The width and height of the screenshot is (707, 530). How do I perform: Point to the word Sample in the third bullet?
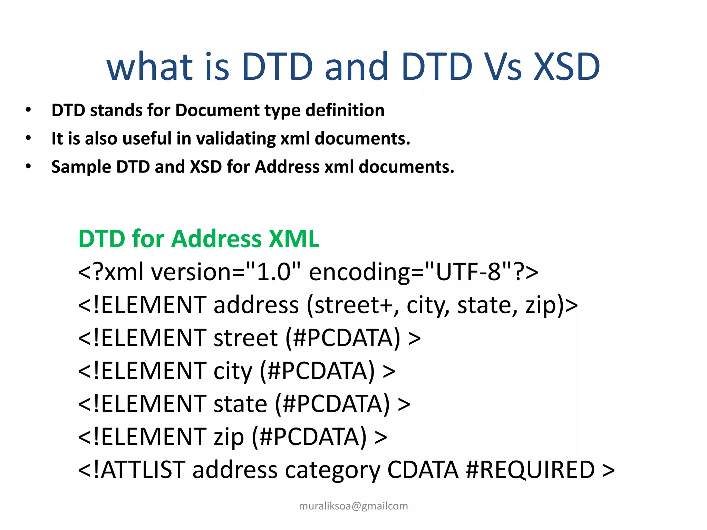tap(81, 167)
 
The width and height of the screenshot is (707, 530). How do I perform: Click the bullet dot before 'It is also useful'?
tap(28, 138)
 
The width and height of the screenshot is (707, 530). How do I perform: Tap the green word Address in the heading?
tap(216, 239)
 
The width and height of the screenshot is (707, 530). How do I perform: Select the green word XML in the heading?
tap(294, 239)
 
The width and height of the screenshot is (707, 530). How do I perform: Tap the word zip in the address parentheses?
tap(541, 305)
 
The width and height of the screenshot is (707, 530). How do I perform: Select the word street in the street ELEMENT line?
tap(245, 338)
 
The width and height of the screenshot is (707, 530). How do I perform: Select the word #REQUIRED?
tap(530, 470)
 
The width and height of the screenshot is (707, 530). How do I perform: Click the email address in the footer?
tap(353, 506)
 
